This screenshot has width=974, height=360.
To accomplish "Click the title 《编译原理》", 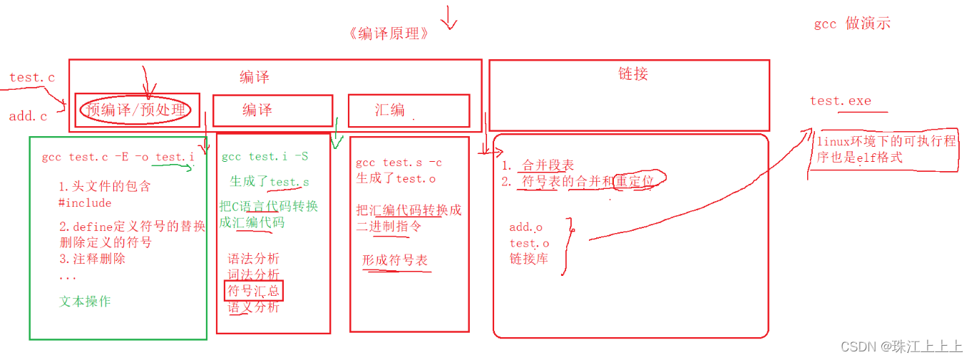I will (389, 34).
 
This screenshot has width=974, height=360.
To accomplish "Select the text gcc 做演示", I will (852, 24).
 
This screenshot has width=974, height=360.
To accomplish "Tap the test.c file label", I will (32, 78).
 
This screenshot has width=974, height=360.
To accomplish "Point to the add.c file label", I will (28, 116).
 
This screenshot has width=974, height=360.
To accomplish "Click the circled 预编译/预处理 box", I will (135, 110).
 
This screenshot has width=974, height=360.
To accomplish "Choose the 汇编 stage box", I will (408, 110).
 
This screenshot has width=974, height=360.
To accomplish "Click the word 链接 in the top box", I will (633, 74).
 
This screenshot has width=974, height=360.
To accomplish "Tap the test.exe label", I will (841, 101).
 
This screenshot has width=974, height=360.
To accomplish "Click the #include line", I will (85, 203).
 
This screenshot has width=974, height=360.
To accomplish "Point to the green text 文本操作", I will (85, 302).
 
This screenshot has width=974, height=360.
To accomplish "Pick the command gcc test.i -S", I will (265, 157).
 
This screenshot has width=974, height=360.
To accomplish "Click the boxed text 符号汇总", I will (253, 291).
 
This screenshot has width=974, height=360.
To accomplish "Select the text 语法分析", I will (254, 259).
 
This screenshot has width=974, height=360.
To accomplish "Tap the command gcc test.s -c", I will (399, 163).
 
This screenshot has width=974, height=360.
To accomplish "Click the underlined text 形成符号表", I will (395, 261).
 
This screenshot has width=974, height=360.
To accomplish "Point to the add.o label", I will (526, 227).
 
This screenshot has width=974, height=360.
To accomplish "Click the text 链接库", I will (528, 259).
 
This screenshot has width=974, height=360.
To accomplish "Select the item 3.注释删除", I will (92, 259).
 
